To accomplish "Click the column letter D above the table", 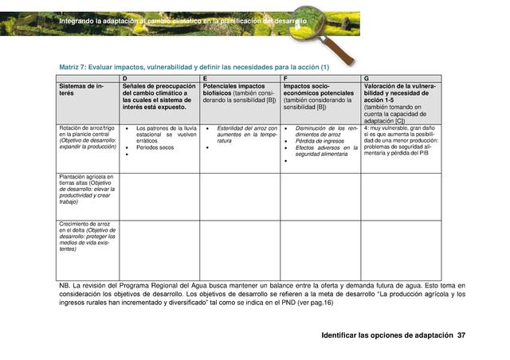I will coord(124,78).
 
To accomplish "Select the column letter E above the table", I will coord(205,78).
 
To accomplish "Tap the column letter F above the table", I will coord(285,78).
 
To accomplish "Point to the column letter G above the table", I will coord(366,78).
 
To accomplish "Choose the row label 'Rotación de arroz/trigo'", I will coord(84,127).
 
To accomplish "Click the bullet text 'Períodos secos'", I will coord(155,147).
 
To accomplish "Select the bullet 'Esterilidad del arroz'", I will coord(246,127).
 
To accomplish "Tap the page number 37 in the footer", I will coord(461,335).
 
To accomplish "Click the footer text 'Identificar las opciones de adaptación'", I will coord(386,335).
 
